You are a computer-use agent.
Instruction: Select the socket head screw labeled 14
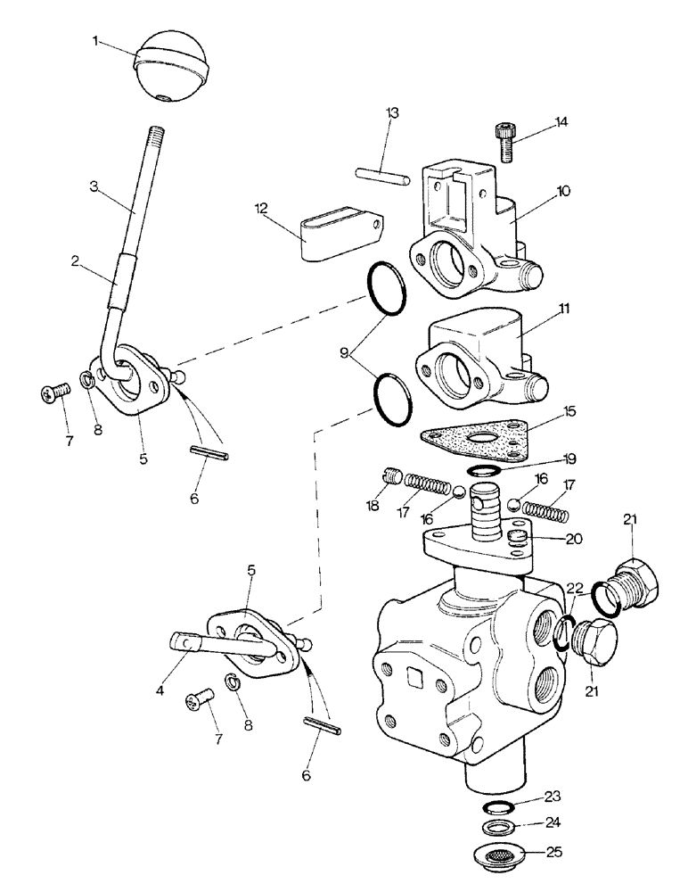coord(504,141)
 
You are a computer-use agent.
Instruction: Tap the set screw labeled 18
coord(390,478)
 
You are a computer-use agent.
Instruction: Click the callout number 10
coord(564,191)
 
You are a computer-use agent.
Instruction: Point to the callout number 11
coord(565,308)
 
